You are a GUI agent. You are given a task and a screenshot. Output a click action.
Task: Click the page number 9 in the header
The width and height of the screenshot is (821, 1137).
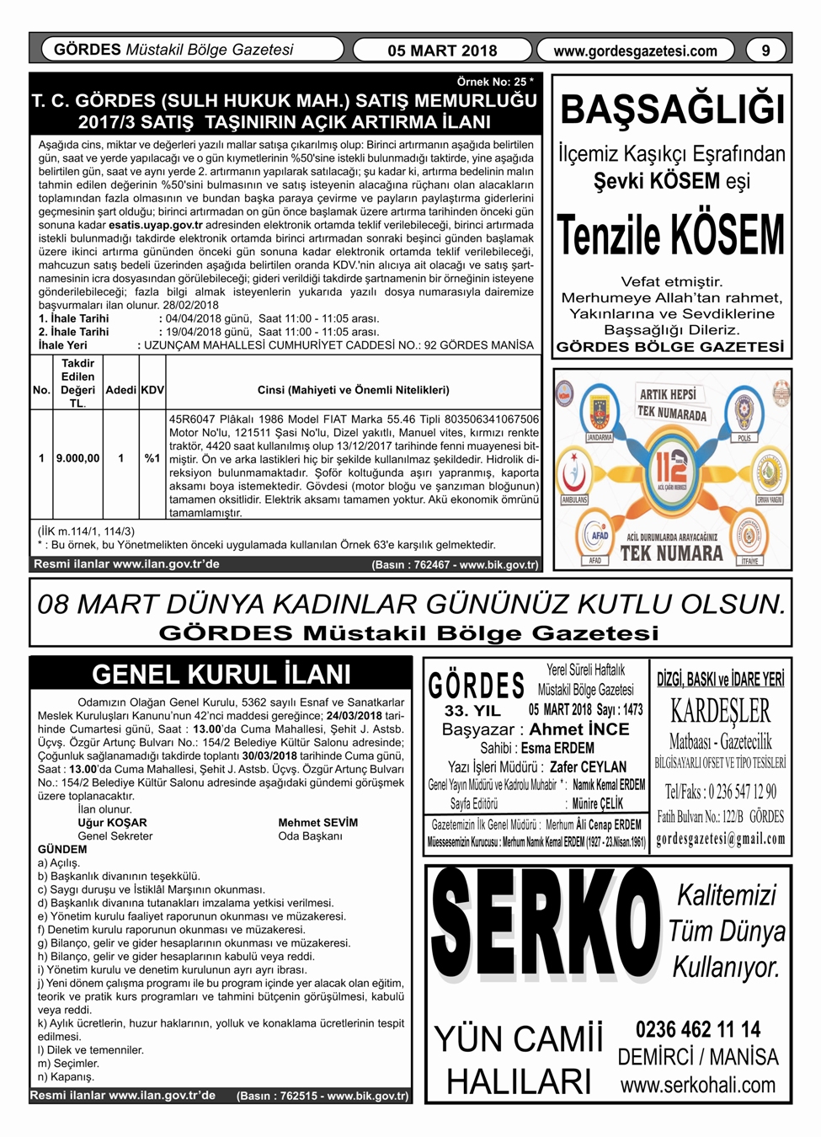coord(765,51)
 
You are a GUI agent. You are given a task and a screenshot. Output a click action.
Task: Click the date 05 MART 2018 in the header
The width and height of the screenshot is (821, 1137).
coord(442,51)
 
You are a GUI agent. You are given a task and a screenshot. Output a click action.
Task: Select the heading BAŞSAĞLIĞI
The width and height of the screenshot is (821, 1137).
coord(672,110)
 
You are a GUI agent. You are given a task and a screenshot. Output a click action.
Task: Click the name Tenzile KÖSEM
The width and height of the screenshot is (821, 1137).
coord(671,235)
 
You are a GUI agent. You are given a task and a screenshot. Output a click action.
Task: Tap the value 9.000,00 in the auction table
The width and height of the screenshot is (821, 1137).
coord(77,458)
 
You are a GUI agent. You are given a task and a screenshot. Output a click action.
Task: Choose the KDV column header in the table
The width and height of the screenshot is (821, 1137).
coord(152,390)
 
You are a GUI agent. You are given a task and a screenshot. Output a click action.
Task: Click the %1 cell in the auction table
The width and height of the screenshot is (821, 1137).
coord(152,458)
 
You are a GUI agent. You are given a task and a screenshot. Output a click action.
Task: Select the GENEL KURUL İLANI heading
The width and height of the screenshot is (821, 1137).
coord(221,675)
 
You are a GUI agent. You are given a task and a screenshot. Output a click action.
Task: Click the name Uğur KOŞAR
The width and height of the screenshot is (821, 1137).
coord(112,823)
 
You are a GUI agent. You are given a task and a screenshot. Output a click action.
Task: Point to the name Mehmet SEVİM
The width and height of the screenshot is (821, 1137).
coord(317,823)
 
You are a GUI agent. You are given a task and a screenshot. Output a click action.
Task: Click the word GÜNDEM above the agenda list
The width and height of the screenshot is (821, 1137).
coord(62,849)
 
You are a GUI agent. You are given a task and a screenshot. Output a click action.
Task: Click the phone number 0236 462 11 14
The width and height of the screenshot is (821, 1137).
coord(698,1029)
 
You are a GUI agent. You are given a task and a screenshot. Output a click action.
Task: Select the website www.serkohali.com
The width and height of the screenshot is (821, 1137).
coord(698,1086)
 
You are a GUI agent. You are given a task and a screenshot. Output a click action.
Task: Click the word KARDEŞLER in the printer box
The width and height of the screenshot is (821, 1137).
coord(720,711)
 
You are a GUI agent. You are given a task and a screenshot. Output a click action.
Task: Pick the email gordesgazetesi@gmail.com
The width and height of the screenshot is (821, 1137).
coord(720,839)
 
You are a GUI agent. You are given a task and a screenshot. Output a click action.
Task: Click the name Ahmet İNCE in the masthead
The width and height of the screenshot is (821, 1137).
coord(579,729)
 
